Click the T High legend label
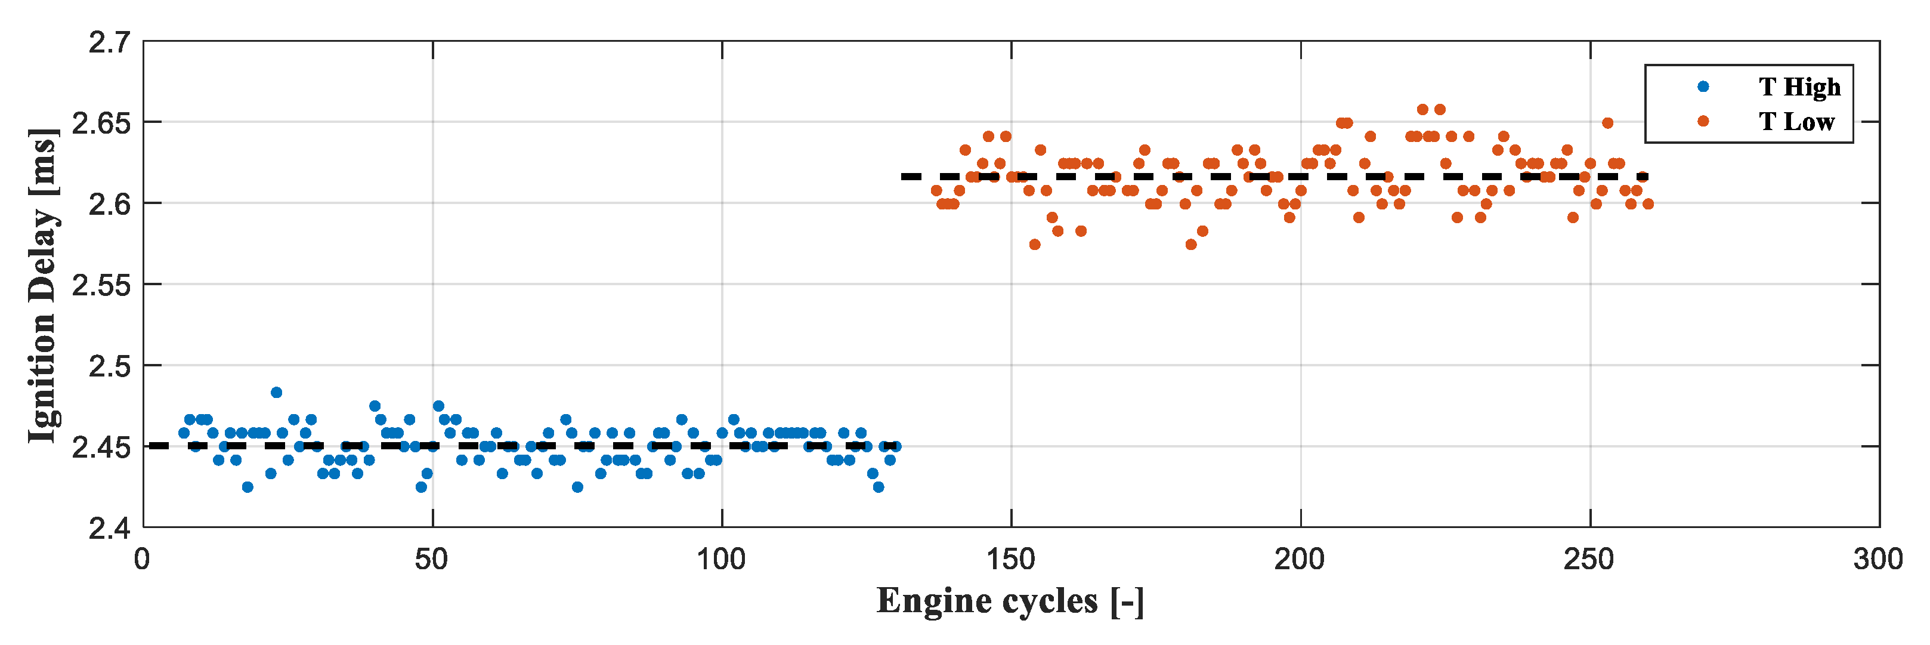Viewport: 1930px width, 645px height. point(1799,87)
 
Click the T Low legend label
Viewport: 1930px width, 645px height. point(1796,121)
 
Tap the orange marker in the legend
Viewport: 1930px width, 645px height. point(1703,121)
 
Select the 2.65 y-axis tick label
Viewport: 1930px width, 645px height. point(101,123)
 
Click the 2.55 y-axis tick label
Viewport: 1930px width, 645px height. point(101,285)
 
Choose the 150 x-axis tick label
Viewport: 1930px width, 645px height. point(1011,560)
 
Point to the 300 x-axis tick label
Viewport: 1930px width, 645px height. point(1878,560)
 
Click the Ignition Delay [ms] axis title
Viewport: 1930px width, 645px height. point(43,285)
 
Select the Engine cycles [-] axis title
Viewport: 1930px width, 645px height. point(1010,601)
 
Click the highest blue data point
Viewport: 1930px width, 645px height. point(277,393)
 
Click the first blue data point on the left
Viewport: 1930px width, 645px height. point(184,433)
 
